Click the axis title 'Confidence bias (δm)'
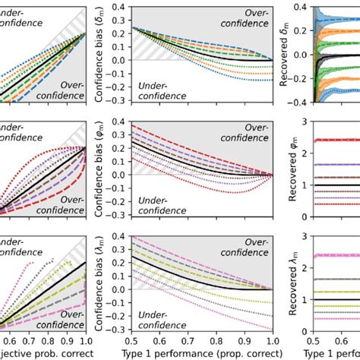click(99, 54)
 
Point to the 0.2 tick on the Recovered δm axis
click(302, 31)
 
